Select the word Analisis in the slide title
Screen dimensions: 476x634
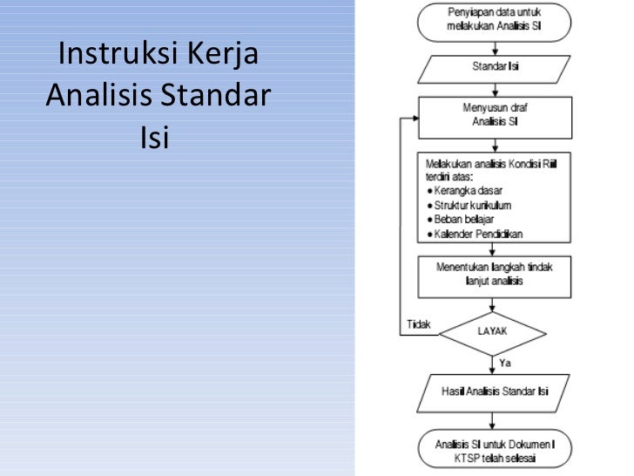[x=102, y=95]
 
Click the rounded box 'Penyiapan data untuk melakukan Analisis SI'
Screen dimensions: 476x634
[x=493, y=21]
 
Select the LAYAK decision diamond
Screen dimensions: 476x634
[x=493, y=331]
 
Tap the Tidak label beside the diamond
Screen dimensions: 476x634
[x=419, y=323]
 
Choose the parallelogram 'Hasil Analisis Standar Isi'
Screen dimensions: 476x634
[x=493, y=391]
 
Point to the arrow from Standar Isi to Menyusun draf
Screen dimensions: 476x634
[x=493, y=86]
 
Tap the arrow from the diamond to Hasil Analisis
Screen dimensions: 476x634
[x=493, y=364]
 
